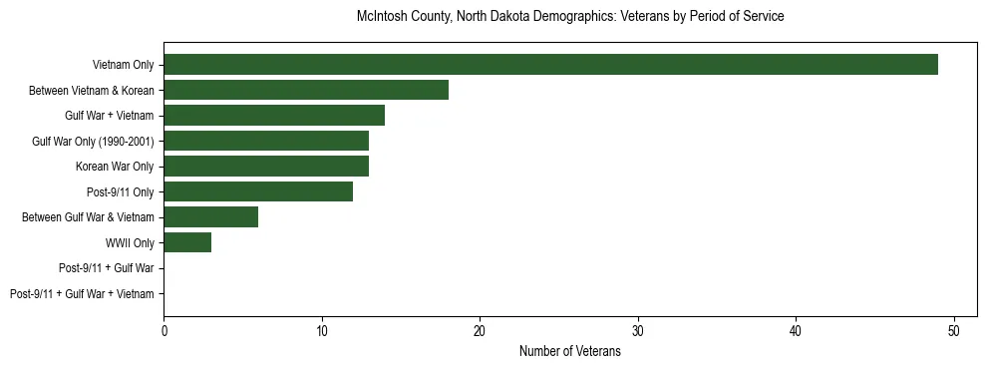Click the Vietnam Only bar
pyautogui.click(x=550, y=65)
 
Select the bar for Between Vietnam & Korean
pyautogui.click(x=306, y=90)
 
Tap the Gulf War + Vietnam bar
pyautogui.click(x=274, y=116)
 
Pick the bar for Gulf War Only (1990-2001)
pyautogui.click(x=266, y=141)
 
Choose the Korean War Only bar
pyautogui.click(x=266, y=166)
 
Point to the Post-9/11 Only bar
pyautogui.click(x=258, y=191)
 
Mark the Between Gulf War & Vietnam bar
pyautogui.click(x=210, y=216)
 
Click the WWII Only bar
pyautogui.click(x=187, y=242)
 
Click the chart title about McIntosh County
pyautogui.click(x=570, y=17)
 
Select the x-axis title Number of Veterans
pyautogui.click(x=570, y=351)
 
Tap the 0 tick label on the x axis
pyautogui.click(x=164, y=331)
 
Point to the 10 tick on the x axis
pyautogui.click(x=322, y=331)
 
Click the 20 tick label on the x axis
pyautogui.click(x=480, y=331)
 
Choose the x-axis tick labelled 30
pyautogui.click(x=638, y=331)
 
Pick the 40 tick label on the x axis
pyautogui.click(x=796, y=331)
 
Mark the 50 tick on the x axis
pyautogui.click(x=954, y=331)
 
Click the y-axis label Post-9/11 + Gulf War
pyautogui.click(x=106, y=268)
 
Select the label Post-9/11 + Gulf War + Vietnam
pyautogui.click(x=82, y=294)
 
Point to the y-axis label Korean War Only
pyautogui.click(x=115, y=167)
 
